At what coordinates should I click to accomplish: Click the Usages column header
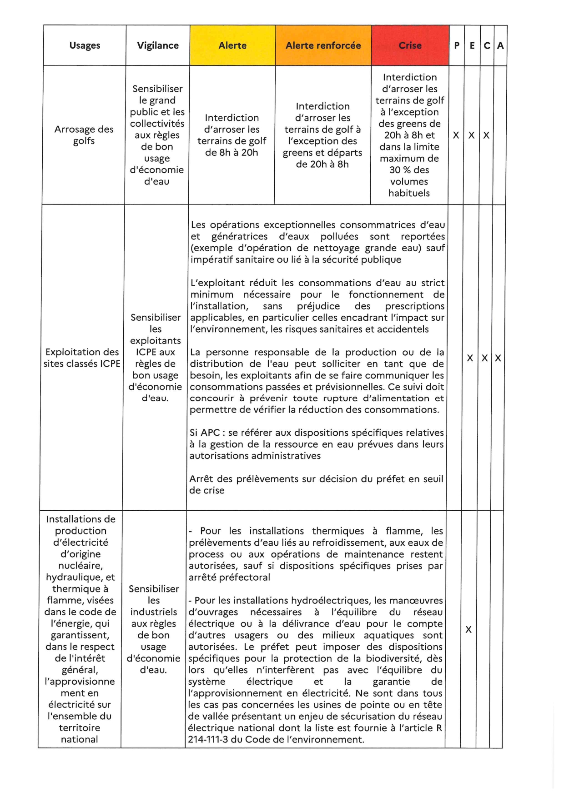[85, 45]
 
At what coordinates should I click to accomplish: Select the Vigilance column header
[158, 45]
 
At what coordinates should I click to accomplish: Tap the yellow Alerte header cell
[232, 45]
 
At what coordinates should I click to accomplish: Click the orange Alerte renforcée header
[323, 45]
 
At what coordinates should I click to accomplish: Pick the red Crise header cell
[410, 45]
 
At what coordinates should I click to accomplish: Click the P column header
[457, 45]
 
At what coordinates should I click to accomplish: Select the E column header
[472, 45]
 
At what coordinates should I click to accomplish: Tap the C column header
[487, 45]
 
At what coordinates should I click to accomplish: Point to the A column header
[500, 45]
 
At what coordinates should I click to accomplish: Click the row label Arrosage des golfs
[84, 135]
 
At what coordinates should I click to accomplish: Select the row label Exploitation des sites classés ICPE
[82, 358]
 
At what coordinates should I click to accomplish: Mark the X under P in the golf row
[456, 135]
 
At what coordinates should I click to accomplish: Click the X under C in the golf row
[486, 135]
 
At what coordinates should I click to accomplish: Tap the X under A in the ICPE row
[498, 358]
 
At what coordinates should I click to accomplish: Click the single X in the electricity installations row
[468, 629]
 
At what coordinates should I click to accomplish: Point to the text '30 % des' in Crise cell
[409, 170]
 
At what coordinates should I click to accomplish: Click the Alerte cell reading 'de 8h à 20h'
[232, 153]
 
